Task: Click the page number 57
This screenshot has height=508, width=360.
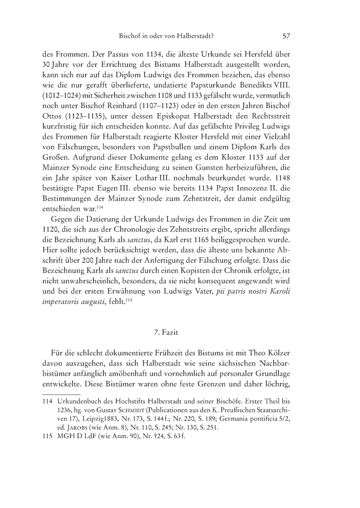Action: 287,36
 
